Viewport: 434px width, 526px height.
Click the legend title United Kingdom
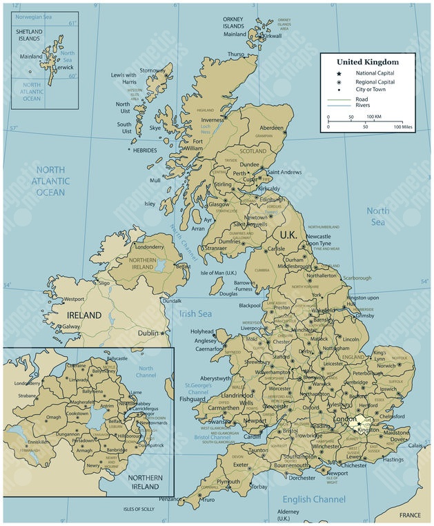tap(367, 62)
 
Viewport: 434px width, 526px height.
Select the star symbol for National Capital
tap(339, 73)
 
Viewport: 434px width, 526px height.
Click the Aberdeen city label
tap(271, 128)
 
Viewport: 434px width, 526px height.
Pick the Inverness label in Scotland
tap(213, 119)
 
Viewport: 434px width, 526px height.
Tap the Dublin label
tap(148, 333)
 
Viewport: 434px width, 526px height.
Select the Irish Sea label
tap(195, 314)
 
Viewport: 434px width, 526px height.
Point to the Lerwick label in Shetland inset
tap(63, 68)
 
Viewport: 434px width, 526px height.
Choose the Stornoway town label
tap(152, 70)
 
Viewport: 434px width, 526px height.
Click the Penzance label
tap(169, 498)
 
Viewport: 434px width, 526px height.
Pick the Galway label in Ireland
tap(71, 327)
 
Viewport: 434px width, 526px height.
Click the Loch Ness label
tap(205, 129)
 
